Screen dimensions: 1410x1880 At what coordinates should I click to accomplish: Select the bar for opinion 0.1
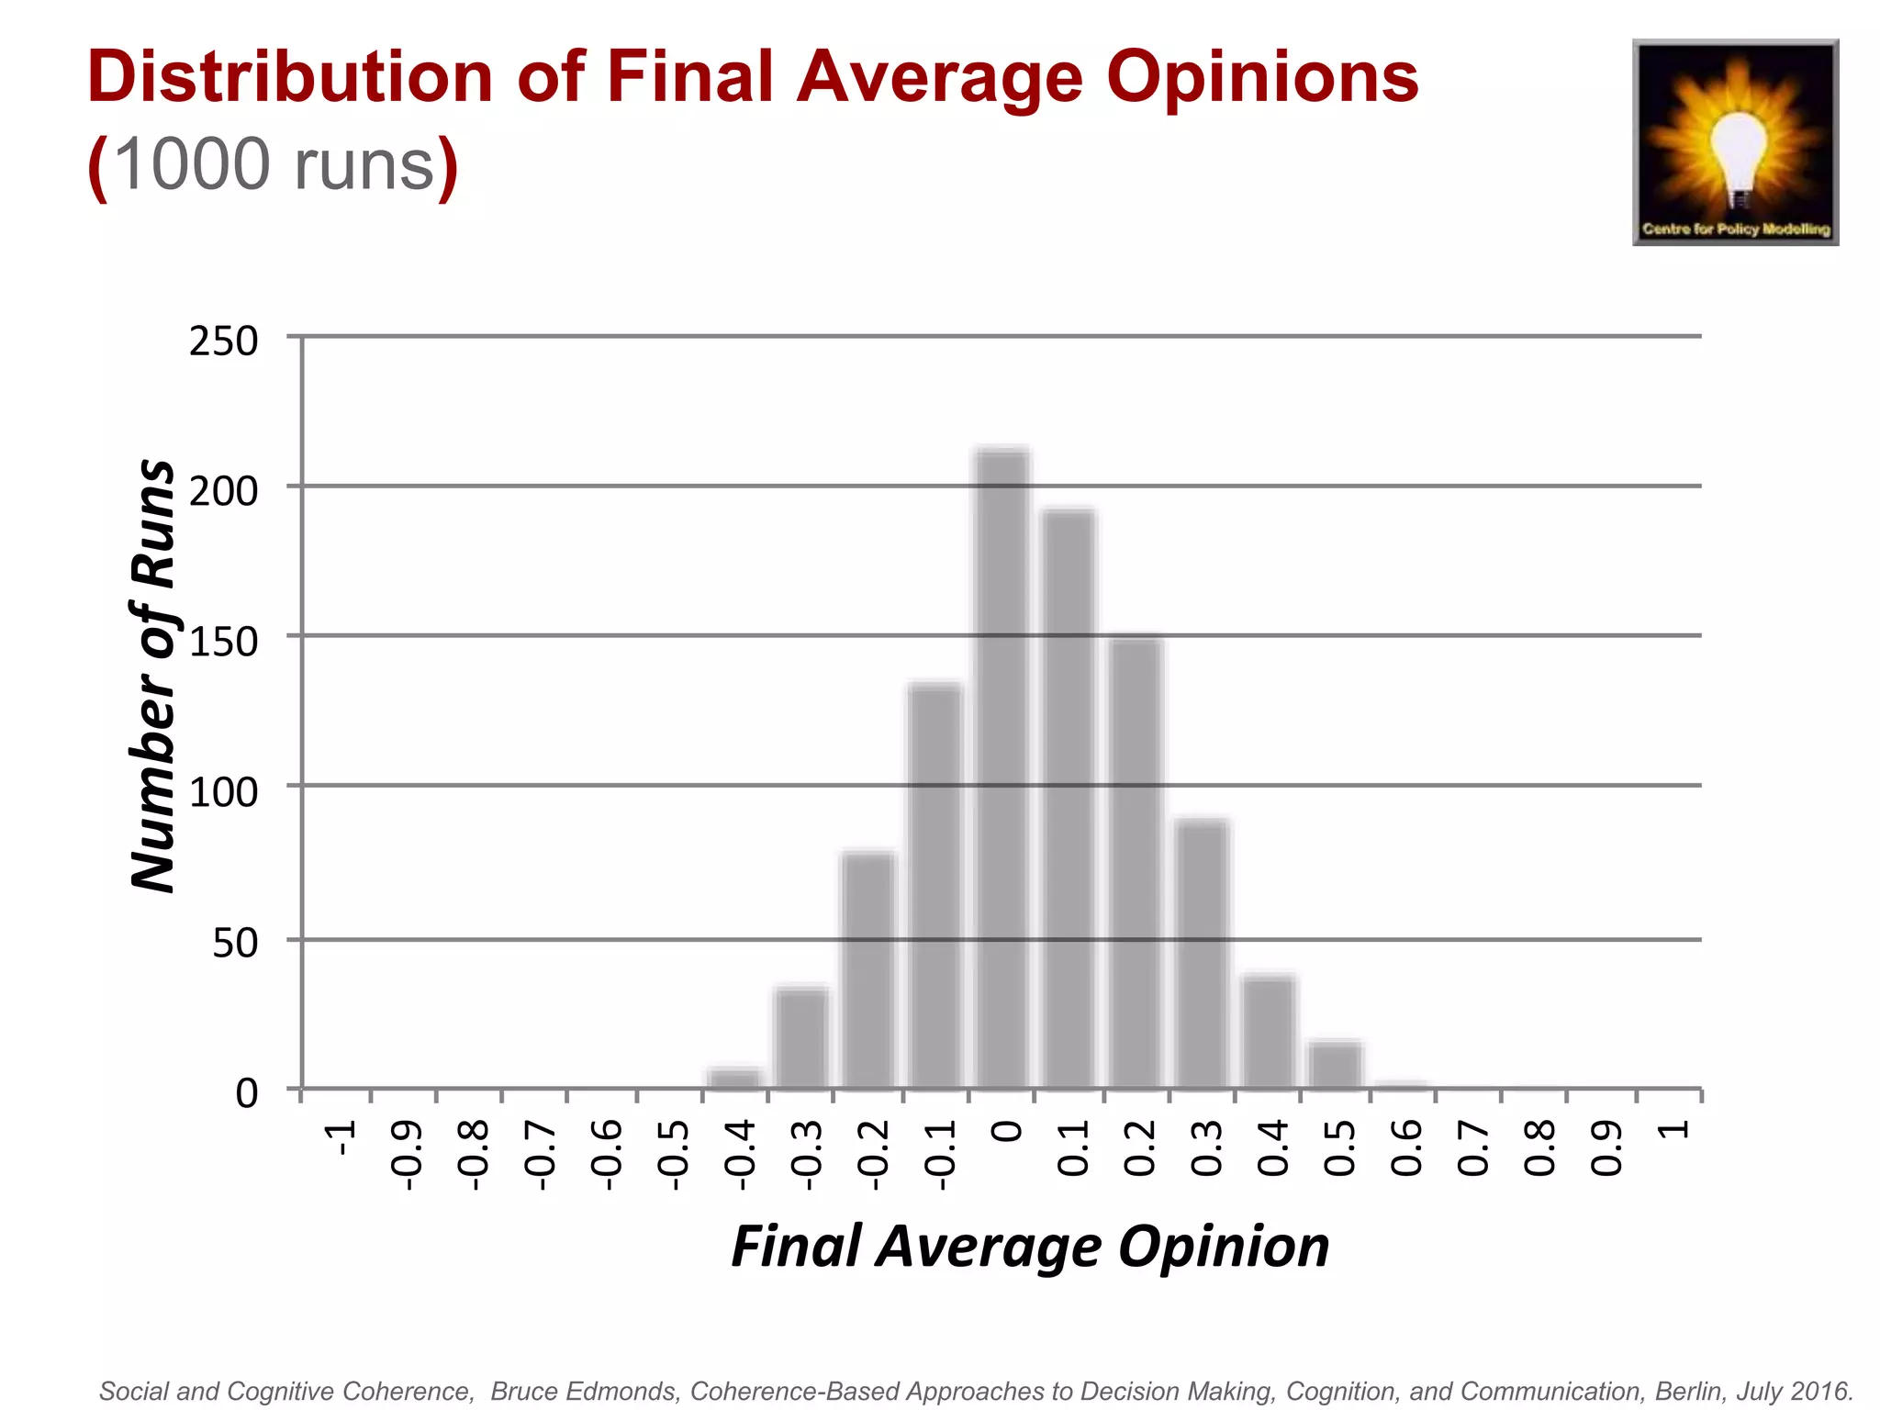point(1069,799)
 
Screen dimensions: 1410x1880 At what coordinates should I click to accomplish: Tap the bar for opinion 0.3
point(1203,955)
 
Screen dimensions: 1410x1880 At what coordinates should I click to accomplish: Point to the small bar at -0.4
point(735,1080)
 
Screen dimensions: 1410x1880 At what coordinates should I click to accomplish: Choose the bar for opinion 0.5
point(1336,1066)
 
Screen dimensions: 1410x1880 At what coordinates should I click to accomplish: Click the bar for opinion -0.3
point(802,1038)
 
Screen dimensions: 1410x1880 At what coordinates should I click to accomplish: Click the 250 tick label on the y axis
point(223,341)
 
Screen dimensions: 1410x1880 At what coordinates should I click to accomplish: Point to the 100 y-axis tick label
point(223,792)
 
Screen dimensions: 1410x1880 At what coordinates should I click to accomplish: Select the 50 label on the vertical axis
point(235,944)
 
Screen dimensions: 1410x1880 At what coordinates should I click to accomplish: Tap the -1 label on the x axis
point(341,1138)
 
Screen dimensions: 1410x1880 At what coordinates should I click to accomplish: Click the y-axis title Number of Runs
point(153,675)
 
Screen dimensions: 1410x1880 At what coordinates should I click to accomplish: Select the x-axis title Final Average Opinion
point(1030,1247)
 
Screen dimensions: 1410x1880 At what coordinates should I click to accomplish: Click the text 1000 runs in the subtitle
point(274,165)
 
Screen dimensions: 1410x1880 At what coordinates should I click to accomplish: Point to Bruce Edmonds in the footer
point(585,1392)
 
